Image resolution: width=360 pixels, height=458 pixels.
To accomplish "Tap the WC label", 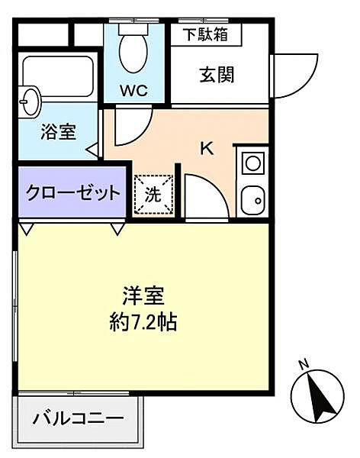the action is (x=134, y=91).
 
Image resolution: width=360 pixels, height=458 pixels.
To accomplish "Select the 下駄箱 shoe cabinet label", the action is (x=205, y=35).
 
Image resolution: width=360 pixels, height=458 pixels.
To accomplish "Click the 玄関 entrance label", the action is (x=217, y=75).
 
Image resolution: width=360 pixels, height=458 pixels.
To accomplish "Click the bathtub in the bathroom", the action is (x=58, y=76).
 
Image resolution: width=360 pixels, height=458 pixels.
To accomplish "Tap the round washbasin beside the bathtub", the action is (x=29, y=102).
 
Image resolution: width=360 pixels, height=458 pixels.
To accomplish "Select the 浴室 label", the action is (x=59, y=132).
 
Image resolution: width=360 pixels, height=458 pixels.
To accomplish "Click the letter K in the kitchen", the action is (x=207, y=148).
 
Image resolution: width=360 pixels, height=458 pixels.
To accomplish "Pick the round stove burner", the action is (x=253, y=163).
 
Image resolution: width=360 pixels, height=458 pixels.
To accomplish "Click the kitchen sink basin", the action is (x=253, y=201).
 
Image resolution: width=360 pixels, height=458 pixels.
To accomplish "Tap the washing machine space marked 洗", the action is (x=153, y=195).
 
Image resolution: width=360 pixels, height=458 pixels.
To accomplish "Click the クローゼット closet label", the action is (x=73, y=192).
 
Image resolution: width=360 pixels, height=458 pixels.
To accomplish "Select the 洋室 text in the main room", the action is (x=143, y=296).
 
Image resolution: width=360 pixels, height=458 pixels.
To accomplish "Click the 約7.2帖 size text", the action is (x=143, y=321).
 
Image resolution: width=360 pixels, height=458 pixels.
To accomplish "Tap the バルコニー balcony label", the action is (x=79, y=419).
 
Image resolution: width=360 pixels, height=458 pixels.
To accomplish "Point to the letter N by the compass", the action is (x=304, y=365).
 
